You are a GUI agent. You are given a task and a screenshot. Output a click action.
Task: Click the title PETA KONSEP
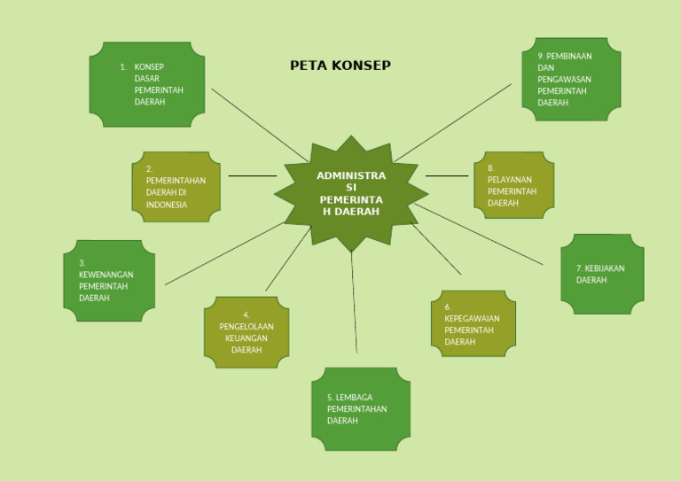(x=340, y=66)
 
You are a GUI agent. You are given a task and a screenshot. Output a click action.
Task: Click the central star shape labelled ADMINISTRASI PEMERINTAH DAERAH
(x=351, y=194)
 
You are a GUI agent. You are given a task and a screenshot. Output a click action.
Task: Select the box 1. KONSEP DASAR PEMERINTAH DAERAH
(x=147, y=84)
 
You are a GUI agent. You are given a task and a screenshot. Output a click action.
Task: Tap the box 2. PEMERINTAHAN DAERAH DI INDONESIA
(x=176, y=187)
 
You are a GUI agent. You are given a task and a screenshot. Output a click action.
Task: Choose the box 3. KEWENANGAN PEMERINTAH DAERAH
(x=108, y=281)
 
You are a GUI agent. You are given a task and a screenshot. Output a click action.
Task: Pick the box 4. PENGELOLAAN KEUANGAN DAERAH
(x=247, y=332)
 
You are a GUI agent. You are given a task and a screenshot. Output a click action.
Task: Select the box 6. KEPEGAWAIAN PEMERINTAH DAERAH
(x=473, y=324)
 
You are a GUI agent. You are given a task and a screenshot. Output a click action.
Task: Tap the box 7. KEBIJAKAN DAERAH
(x=602, y=275)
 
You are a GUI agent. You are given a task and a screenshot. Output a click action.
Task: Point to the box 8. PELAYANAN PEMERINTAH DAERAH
(x=513, y=185)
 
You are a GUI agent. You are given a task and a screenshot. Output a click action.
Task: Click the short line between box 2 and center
(x=252, y=176)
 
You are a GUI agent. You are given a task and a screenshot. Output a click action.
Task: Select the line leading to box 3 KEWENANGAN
(x=222, y=254)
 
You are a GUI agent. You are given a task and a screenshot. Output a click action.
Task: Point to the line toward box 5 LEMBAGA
(x=354, y=301)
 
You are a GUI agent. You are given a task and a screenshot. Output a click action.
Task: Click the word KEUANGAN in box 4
(x=247, y=338)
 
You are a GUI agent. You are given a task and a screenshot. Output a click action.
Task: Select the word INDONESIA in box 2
(x=167, y=205)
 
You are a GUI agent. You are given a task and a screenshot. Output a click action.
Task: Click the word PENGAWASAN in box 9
(x=564, y=79)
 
